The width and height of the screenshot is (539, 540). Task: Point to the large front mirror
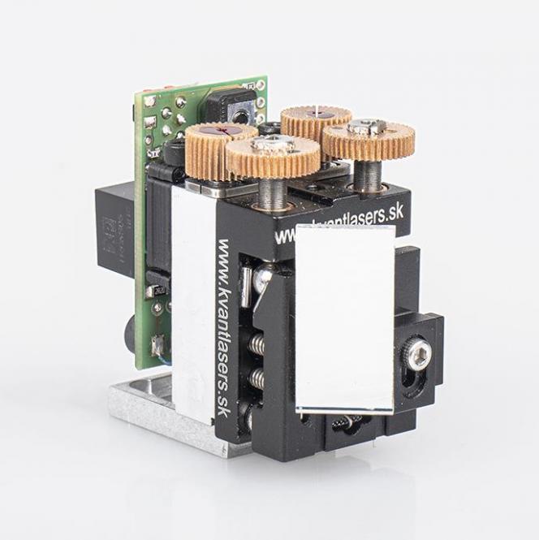point(345,317)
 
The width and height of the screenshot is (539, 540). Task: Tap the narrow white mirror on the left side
point(192,300)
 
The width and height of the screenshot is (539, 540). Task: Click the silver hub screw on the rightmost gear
point(362,127)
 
